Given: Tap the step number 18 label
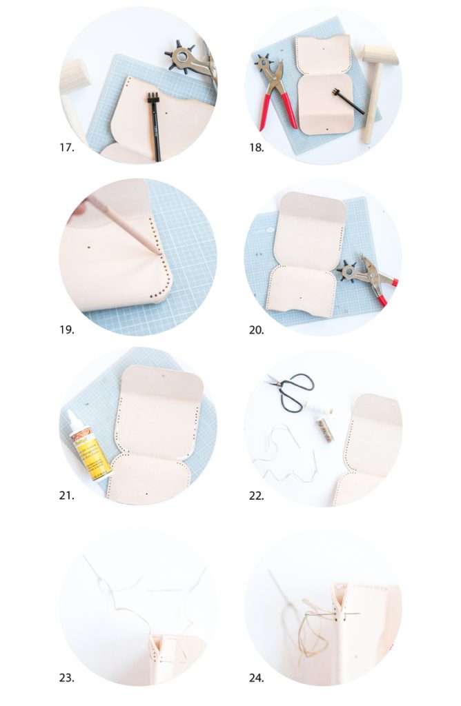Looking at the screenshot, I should (257, 148).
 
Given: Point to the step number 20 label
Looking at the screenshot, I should (257, 330).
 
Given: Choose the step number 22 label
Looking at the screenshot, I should (257, 495).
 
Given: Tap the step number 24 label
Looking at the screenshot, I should (257, 678).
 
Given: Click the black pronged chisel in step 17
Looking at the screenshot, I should (154, 124).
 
